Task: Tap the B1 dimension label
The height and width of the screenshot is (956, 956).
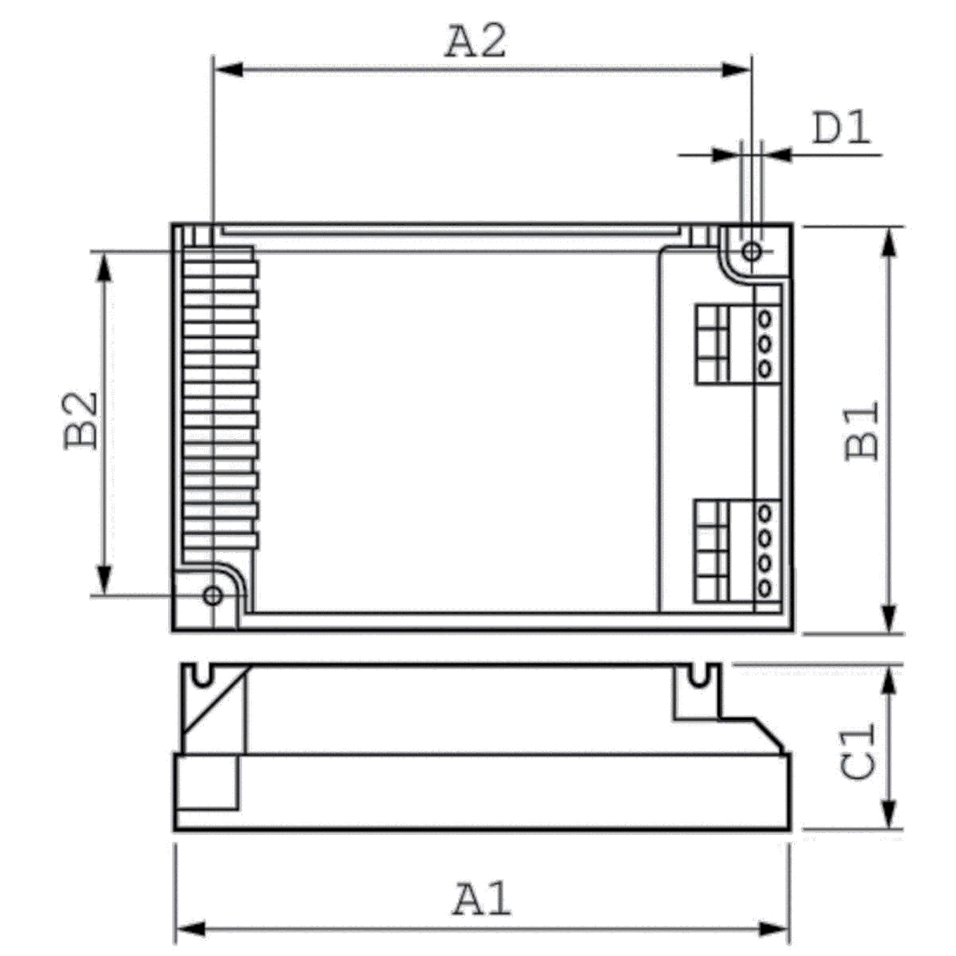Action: pos(862,431)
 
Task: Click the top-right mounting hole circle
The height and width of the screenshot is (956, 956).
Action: pos(752,251)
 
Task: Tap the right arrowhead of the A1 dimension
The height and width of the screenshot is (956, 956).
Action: pos(774,929)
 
